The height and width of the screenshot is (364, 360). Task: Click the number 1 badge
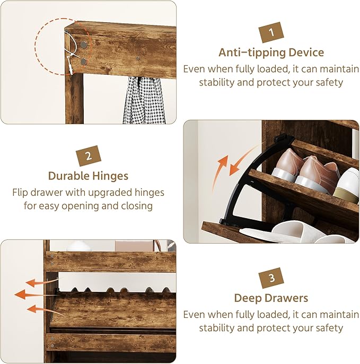coord(271,33)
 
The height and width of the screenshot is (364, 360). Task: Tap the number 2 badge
coord(88,156)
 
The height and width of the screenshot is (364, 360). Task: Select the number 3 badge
coord(271,279)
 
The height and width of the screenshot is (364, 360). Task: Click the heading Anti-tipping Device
coord(271,53)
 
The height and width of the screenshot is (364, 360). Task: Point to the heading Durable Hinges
coord(88,176)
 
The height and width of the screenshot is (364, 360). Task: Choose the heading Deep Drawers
coord(271,298)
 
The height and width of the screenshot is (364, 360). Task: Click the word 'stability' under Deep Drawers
coord(220,328)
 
